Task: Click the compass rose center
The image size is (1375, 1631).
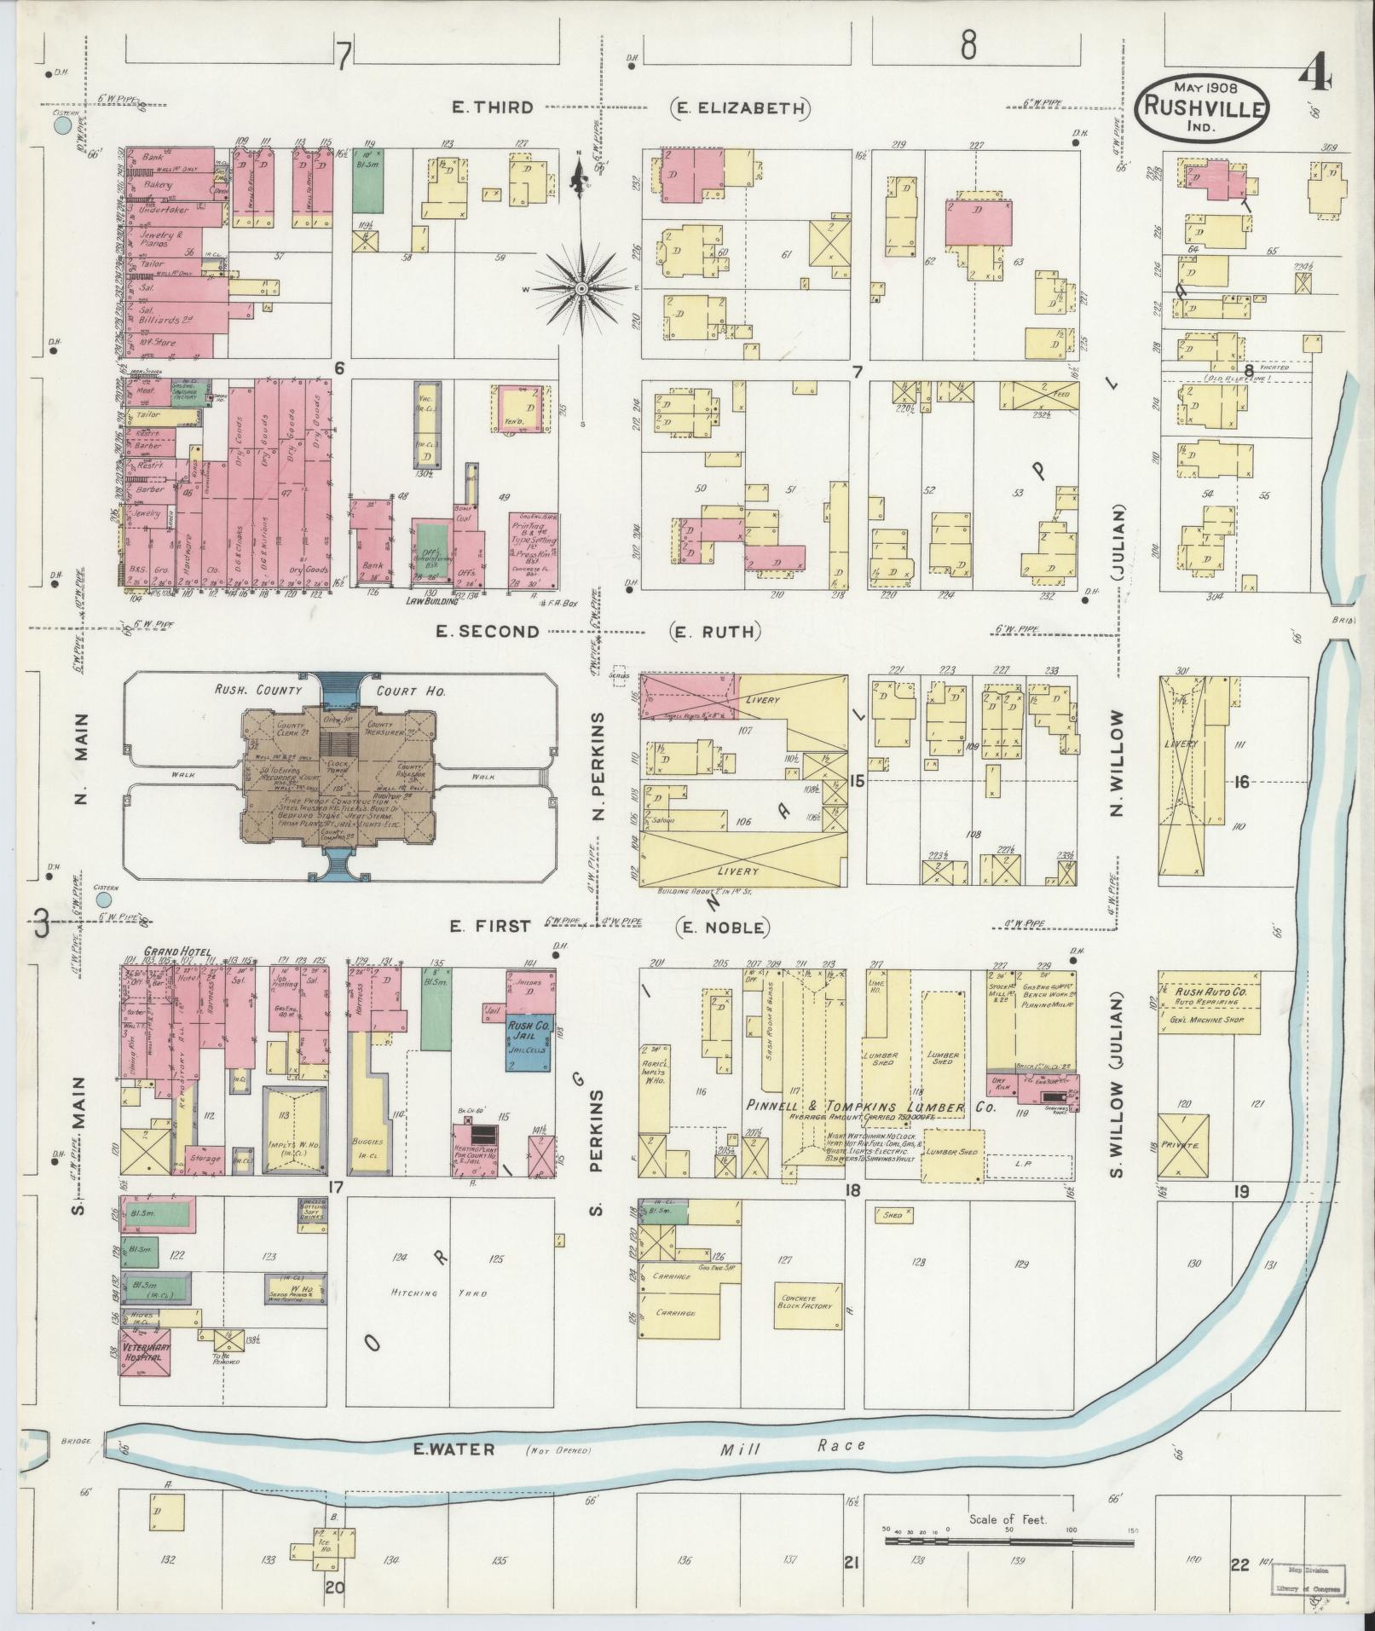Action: (x=581, y=289)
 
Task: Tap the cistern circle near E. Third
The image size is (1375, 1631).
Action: (x=62, y=126)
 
